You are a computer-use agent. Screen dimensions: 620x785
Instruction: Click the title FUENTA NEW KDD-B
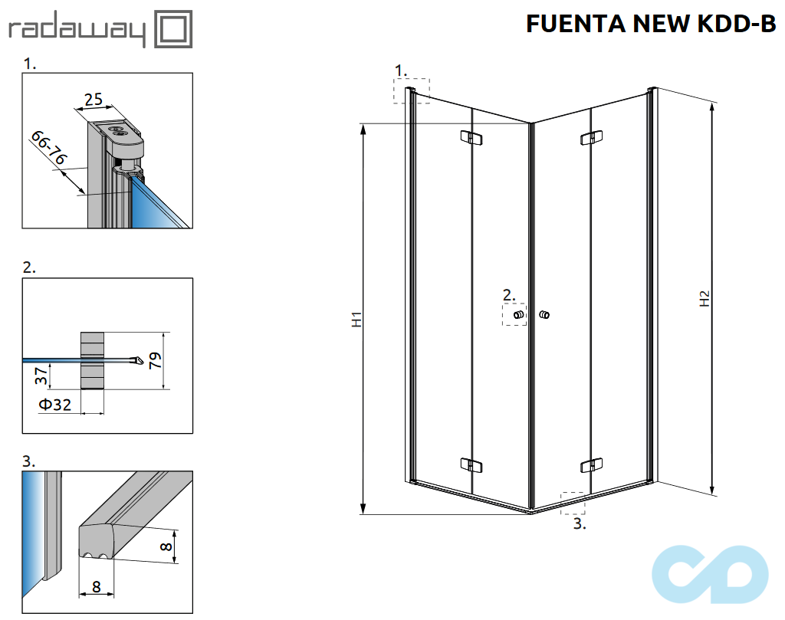coord(651,24)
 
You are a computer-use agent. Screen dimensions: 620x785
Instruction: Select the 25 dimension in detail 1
coord(94,99)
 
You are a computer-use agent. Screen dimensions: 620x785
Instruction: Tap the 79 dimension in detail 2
coord(155,361)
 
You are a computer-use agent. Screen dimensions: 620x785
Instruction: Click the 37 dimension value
coord(43,376)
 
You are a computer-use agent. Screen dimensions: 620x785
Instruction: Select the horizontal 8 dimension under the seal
coord(96,586)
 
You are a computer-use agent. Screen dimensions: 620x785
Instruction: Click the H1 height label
coord(356,320)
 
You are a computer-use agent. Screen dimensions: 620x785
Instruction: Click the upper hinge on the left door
coord(471,137)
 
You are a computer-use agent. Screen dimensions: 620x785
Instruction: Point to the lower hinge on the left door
coord(471,464)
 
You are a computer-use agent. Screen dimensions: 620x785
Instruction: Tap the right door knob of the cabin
coord(544,315)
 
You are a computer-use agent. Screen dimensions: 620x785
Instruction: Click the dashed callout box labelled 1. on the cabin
coord(412,91)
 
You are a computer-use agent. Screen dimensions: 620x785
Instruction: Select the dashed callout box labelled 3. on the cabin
coord(573,503)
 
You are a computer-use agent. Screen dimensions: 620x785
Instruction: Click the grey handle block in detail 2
coord(91,361)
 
